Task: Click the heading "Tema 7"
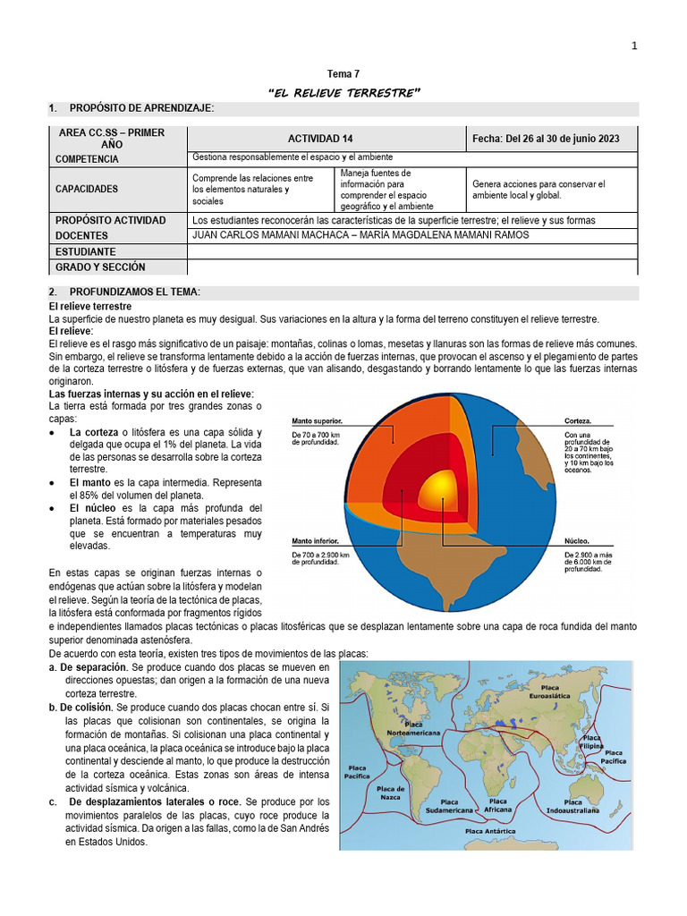(344, 75)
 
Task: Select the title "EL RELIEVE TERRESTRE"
(344, 93)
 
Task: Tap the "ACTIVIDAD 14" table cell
(327, 139)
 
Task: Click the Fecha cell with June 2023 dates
(554, 139)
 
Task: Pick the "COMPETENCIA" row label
(87, 158)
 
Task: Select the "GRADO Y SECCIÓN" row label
(100, 267)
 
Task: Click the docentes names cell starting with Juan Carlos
(360, 235)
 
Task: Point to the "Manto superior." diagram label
(317, 420)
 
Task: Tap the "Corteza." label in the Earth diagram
(578, 420)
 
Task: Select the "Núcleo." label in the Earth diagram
(576, 541)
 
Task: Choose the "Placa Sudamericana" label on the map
(454, 806)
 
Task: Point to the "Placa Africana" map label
(498, 806)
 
